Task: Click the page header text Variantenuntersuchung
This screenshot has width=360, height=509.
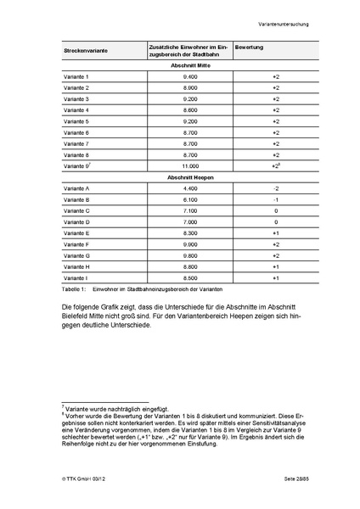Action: [284, 24]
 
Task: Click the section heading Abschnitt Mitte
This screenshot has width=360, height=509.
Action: [190, 65]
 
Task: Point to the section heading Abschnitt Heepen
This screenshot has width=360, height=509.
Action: [190, 176]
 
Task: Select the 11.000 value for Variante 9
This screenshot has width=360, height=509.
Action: [190, 166]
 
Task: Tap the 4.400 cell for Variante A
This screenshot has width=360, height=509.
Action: [190, 188]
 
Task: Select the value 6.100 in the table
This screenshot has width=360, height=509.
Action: [190, 199]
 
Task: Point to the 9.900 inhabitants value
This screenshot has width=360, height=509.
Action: [190, 244]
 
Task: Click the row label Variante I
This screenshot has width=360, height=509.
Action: [76, 277]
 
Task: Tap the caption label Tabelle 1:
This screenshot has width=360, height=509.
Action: [76, 289]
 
